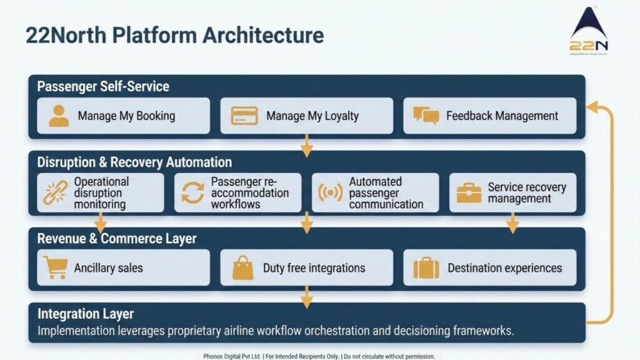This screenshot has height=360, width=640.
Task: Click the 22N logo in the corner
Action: pos(589,31)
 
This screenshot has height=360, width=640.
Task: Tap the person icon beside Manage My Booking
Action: pos(59,116)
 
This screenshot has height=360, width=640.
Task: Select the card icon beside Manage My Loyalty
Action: pos(244,116)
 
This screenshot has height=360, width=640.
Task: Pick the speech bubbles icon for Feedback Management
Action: pos(426,116)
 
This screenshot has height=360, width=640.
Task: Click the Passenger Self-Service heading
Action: pos(103,86)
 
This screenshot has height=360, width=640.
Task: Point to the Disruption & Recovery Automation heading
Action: pos(134,162)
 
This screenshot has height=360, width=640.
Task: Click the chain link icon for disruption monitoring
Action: pos(55,192)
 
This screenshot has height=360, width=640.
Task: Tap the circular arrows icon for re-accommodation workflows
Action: pos(192,192)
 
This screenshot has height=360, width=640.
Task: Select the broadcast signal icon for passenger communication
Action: pos(330,192)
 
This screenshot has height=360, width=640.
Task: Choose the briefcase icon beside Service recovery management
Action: pos(468,192)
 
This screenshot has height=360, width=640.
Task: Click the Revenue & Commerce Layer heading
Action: pos(117,239)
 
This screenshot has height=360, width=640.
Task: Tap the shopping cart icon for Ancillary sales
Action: pos(55,267)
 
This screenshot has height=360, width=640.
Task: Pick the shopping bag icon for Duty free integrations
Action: pos(243,267)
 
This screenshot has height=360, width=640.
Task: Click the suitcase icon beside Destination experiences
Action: pos(426,267)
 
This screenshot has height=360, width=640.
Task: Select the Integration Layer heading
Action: pos(86,314)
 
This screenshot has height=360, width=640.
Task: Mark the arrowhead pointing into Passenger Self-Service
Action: pos(594,108)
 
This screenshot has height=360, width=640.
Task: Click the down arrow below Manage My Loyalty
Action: pos(306,148)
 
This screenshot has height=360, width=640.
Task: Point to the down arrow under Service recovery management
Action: pos(512,226)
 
